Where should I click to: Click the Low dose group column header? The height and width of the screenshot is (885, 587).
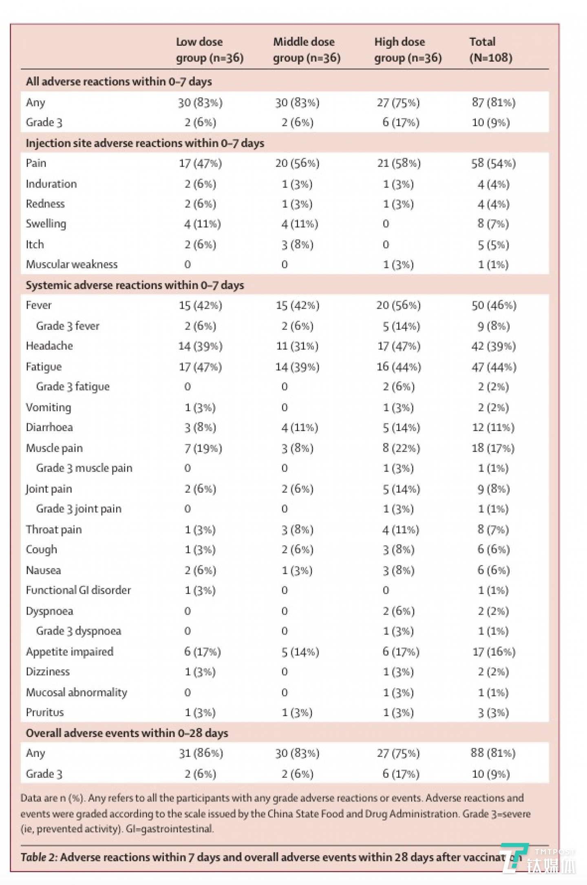coord(210,50)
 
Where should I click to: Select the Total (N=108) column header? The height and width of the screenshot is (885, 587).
coord(490,50)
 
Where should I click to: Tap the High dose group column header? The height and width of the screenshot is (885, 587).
coord(408,50)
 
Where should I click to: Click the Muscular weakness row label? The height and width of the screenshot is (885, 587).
coord(72,264)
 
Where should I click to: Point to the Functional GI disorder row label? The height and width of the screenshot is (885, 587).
coord(78,590)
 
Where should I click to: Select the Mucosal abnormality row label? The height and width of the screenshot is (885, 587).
coord(77,692)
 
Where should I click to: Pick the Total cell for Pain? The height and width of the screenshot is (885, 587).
coord(493,163)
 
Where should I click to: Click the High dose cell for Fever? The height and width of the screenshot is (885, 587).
coord(398,305)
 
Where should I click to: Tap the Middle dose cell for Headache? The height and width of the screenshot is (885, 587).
coord(297,346)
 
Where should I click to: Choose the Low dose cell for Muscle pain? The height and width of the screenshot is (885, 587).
coord(203,448)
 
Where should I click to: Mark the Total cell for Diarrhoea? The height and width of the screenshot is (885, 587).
coord(493,427)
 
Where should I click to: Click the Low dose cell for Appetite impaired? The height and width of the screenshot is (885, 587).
coord(202,651)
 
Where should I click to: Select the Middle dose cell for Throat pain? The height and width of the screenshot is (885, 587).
coord(297,529)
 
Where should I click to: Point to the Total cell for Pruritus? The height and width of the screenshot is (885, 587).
coord(493,712)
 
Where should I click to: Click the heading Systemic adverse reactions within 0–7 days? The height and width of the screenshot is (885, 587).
coord(135,285)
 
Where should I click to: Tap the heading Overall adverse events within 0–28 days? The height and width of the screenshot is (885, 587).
coord(127,733)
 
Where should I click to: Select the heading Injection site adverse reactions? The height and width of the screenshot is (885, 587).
coord(145,143)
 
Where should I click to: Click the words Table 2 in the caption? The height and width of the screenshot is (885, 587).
coord(39,857)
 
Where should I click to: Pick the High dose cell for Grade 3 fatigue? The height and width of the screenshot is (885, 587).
coord(398,387)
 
